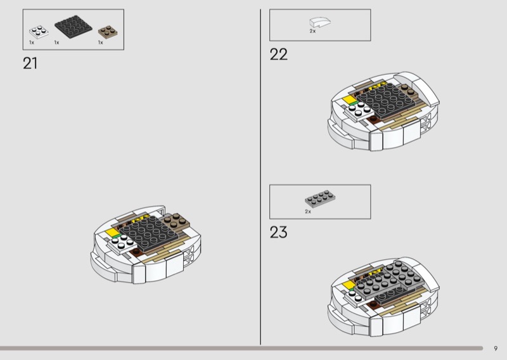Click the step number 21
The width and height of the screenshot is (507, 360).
point(30,63)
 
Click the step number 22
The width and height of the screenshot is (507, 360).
point(278,55)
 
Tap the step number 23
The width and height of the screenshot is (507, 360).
point(278,232)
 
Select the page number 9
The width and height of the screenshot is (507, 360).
point(496,349)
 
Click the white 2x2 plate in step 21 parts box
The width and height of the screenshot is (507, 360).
point(39,32)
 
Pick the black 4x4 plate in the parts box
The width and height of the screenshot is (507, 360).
point(74,27)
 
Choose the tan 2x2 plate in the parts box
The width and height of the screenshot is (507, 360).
point(108,32)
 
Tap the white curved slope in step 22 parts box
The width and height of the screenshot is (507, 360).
point(320,22)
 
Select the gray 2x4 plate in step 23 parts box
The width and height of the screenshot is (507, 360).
point(320,198)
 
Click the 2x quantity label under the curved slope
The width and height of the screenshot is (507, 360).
point(312,31)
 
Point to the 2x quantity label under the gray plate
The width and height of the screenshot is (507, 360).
point(308,212)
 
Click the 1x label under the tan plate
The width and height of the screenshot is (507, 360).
point(101,42)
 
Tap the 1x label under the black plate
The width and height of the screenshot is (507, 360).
point(56,42)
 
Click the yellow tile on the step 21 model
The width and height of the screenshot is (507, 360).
point(112,232)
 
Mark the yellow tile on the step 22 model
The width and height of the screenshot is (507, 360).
point(349,100)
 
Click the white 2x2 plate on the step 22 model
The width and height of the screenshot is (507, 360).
point(358,110)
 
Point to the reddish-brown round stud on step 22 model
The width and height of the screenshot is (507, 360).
point(373,119)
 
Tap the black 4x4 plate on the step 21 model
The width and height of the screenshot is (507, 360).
point(150,233)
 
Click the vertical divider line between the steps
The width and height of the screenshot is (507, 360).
point(260,177)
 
